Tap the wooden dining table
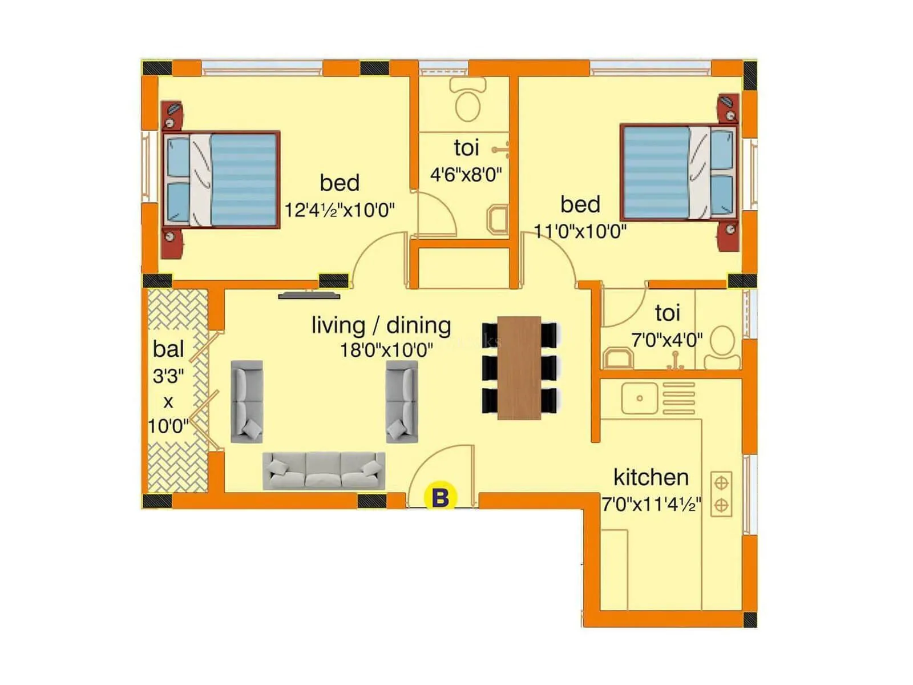point(519,368)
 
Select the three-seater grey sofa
point(324,471)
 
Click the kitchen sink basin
point(639,398)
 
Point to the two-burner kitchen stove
point(721,494)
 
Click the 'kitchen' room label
point(651,477)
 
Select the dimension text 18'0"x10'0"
point(386,350)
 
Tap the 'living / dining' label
point(381,325)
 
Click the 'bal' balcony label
point(168,349)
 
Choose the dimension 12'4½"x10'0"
point(340,210)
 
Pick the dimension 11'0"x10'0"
point(580,231)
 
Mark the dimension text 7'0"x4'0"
point(666,340)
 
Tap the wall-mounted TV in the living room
point(309,296)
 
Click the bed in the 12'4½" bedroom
point(221,179)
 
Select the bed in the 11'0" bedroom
point(678,172)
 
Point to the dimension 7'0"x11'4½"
point(651,505)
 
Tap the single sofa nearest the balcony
point(247,401)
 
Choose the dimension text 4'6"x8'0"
point(466,174)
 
